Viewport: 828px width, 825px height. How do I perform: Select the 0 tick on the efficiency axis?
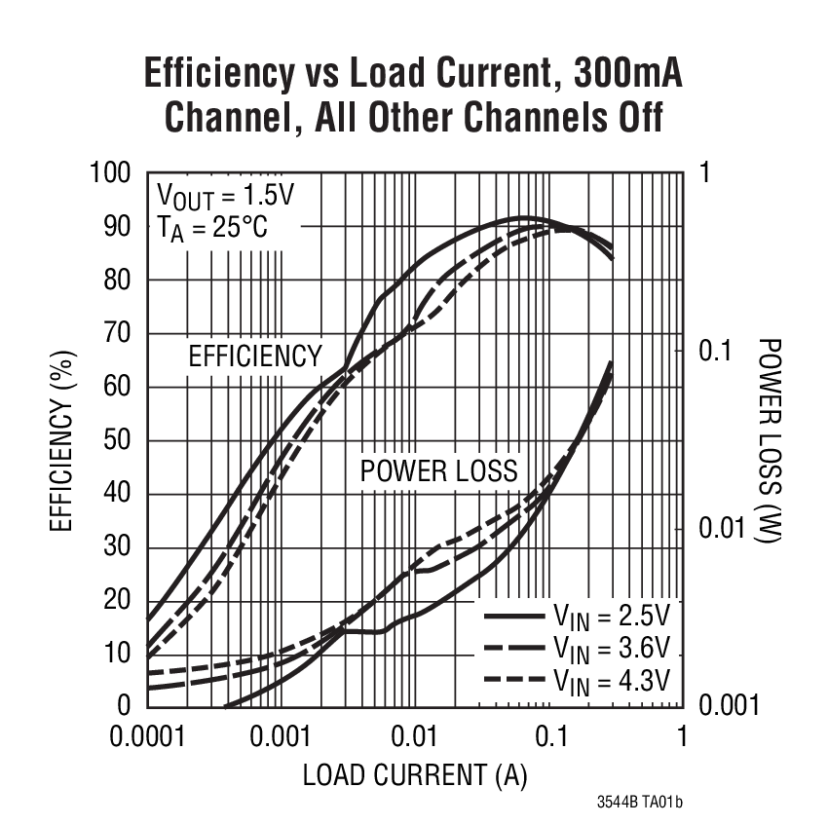point(124,705)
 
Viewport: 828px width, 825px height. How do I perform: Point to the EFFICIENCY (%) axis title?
point(63,440)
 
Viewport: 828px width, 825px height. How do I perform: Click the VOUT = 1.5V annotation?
point(224,196)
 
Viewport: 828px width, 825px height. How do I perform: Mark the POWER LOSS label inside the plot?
point(438,471)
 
